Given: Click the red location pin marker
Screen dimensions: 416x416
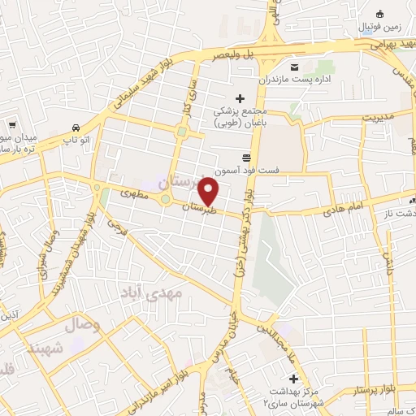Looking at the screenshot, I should point(210,192).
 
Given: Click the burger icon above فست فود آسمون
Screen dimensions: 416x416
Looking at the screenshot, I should point(246,158).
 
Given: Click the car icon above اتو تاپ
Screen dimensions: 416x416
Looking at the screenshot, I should point(75,128).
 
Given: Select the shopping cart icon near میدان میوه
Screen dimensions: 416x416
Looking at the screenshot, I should point(12,125).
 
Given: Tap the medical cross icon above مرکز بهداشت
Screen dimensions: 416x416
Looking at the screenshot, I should point(294,379).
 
